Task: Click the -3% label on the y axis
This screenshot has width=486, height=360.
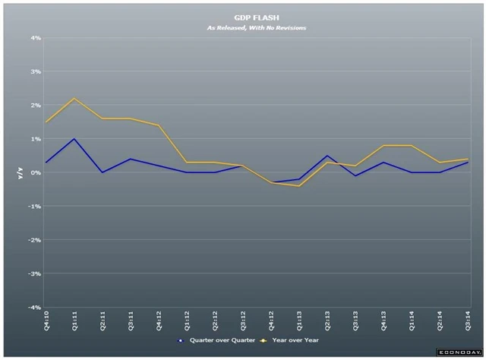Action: (x=35, y=273)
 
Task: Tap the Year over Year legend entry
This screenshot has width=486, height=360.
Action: (x=290, y=340)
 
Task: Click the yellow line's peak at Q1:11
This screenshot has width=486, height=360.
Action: (x=74, y=98)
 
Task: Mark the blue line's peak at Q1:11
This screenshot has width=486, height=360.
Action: (x=74, y=139)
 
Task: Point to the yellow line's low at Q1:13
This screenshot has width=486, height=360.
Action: (x=298, y=186)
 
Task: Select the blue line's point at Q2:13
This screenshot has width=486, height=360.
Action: (x=327, y=156)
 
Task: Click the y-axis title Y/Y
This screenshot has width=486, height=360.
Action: (x=21, y=173)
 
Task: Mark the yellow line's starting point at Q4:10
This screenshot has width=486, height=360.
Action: (x=46, y=122)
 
